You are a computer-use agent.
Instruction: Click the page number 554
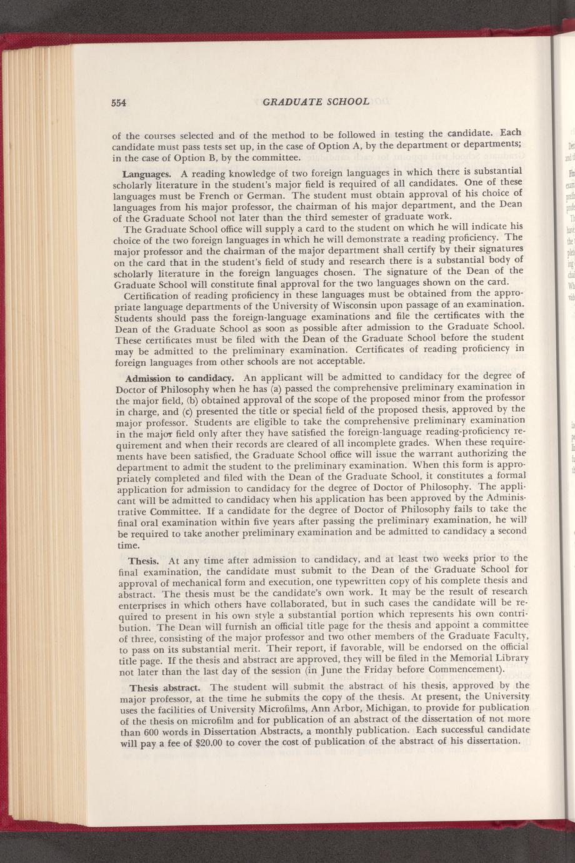[119, 103]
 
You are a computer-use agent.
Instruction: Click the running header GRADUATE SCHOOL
[317, 101]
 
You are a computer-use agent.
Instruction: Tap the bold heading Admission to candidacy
[179, 378]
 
